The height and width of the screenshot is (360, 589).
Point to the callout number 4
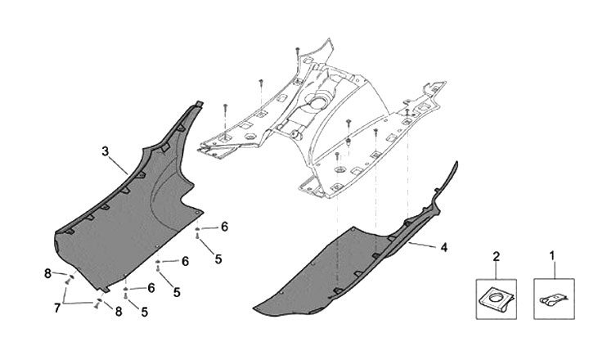click(443, 246)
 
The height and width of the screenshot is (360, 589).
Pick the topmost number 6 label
click(224, 227)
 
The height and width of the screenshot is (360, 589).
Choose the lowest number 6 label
click(151, 288)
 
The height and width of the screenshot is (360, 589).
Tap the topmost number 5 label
click(218, 259)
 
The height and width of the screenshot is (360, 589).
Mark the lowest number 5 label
click(145, 312)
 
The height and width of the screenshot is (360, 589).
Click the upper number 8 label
click(48, 273)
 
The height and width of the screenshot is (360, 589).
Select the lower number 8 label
click(119, 311)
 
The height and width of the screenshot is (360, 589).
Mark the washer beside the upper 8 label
click(70, 277)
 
